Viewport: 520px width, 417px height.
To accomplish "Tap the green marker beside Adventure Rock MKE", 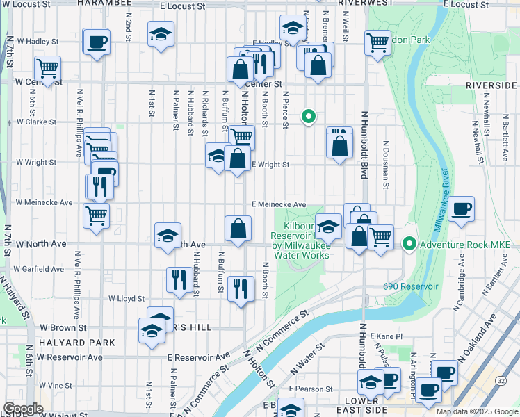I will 410,244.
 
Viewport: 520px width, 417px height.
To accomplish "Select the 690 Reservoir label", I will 410,286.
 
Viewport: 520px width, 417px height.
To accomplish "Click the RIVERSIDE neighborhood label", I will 491,84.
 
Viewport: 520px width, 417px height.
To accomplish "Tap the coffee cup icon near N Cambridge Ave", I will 462,208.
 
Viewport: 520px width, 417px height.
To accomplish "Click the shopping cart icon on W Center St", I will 47,68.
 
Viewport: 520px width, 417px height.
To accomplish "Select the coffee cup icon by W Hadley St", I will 95,41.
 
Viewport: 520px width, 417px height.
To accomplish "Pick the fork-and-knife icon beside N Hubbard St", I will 179,279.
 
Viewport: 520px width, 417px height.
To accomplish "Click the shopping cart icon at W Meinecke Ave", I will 95,214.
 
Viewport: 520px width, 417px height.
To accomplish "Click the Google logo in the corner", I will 24,408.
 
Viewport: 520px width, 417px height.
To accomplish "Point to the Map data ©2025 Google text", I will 476,411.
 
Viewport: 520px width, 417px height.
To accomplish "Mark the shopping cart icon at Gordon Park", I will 377,42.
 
